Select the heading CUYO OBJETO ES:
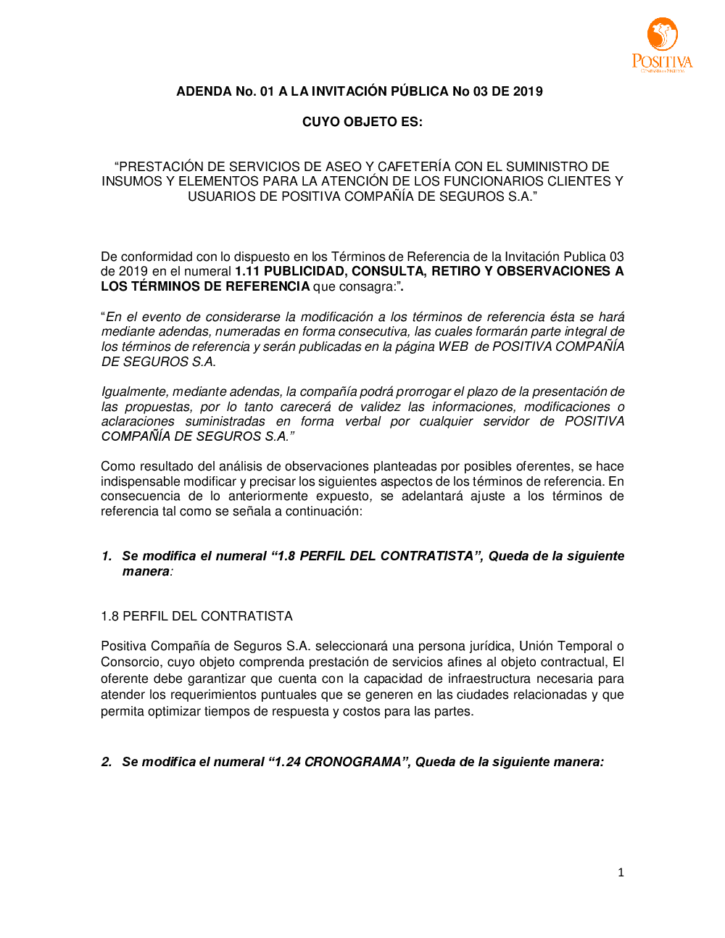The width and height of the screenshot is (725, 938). point(362,122)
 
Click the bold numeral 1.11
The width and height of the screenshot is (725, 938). point(247,271)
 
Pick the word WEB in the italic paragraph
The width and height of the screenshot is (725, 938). point(453,346)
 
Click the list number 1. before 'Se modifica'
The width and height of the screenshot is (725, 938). point(107,556)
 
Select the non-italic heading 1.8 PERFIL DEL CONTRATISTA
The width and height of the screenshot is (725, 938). point(196,616)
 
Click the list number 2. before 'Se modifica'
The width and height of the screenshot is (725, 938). point(107,762)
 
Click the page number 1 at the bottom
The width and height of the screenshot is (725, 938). point(621,873)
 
